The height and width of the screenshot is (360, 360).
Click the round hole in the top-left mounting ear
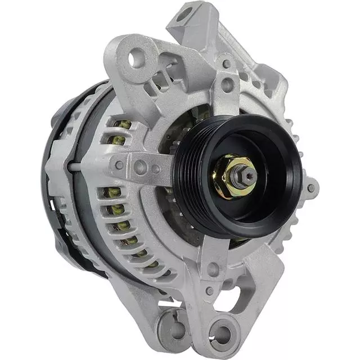pos(137,58)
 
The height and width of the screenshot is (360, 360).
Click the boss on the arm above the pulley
pos(228,85)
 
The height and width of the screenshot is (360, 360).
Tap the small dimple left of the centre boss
pos(120,165)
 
